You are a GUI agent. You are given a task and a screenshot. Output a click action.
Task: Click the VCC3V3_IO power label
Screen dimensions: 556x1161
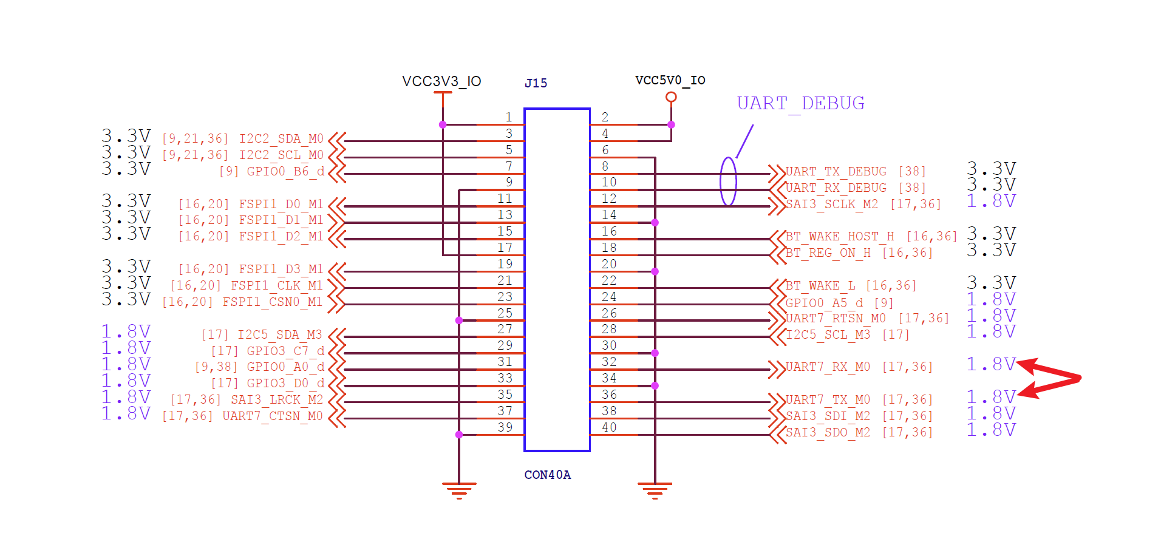pos(441,81)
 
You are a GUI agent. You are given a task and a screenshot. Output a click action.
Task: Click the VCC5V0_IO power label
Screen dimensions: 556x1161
pos(670,80)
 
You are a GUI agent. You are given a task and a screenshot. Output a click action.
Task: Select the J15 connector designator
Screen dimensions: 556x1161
pos(536,83)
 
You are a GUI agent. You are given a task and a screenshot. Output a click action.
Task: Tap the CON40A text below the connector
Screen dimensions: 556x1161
pos(547,475)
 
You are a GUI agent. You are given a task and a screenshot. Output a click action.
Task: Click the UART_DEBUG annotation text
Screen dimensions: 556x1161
pos(800,103)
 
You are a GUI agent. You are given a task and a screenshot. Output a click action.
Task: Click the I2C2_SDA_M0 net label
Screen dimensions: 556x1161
pos(281,139)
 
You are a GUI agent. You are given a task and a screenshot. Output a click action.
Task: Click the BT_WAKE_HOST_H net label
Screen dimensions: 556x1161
pos(840,237)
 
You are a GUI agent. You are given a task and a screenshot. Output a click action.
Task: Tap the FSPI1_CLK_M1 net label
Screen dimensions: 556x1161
pos(276,285)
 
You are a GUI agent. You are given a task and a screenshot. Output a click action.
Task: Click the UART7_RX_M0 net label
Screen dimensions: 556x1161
pos(828,367)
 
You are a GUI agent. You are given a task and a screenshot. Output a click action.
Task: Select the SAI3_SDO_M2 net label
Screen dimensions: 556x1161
pos(828,432)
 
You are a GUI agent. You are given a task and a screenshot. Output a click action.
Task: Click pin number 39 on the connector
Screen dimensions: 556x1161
pos(505,427)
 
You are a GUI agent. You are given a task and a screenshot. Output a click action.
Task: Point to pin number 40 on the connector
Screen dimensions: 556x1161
pos(609,427)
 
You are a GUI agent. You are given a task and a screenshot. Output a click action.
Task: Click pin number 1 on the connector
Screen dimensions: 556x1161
pos(509,117)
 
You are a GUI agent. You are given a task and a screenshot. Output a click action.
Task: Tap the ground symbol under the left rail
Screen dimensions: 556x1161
pos(459,489)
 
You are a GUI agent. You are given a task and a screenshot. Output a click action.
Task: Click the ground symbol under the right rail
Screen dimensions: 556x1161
pos(655,489)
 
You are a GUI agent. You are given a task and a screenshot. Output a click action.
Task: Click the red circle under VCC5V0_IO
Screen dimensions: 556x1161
pos(671,97)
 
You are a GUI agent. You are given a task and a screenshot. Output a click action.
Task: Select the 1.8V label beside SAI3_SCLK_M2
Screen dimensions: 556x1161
pos(991,201)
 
